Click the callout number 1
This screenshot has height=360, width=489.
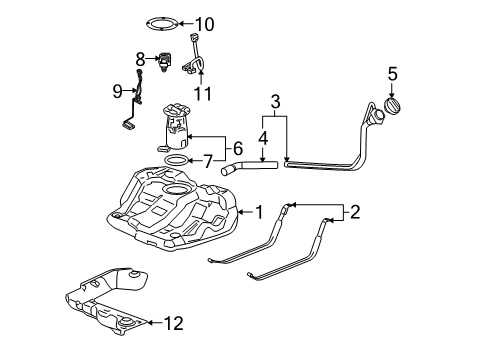point(259,211)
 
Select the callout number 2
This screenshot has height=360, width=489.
point(353,211)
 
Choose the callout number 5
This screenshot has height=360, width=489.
point(393,72)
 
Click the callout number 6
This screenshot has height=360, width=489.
point(237,146)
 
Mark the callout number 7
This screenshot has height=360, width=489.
point(207,160)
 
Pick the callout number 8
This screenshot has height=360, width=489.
point(141,58)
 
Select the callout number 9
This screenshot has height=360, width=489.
point(119,92)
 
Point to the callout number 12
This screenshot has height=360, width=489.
point(174,321)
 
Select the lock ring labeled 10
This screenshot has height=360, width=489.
point(155,24)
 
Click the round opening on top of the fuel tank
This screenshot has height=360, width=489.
point(177,190)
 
